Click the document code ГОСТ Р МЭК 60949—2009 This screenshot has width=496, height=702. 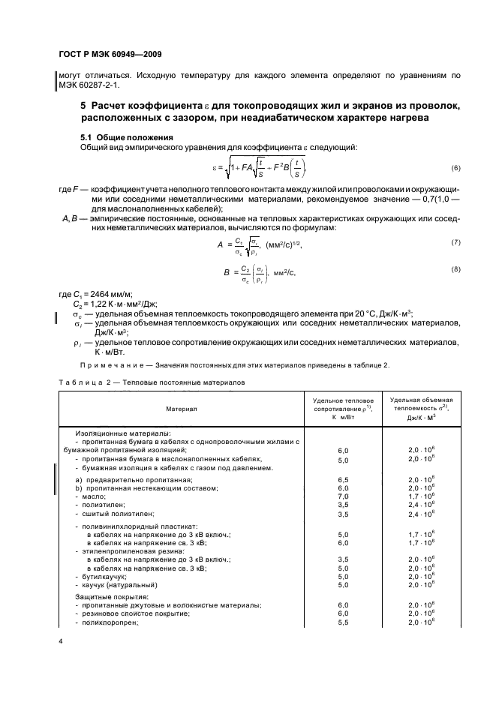coord(110,55)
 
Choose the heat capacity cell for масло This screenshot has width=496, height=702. coord(421,496)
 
